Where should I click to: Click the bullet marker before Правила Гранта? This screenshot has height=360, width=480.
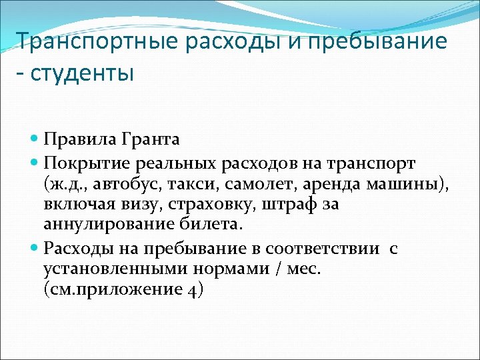(35, 139)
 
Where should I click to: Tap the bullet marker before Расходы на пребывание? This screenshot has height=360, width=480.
(35, 249)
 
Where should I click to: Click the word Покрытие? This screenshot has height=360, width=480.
(85, 163)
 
